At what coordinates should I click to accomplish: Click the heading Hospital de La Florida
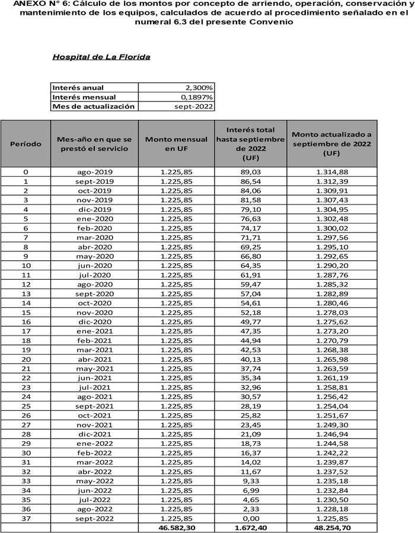101,58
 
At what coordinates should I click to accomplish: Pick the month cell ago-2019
95,172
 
